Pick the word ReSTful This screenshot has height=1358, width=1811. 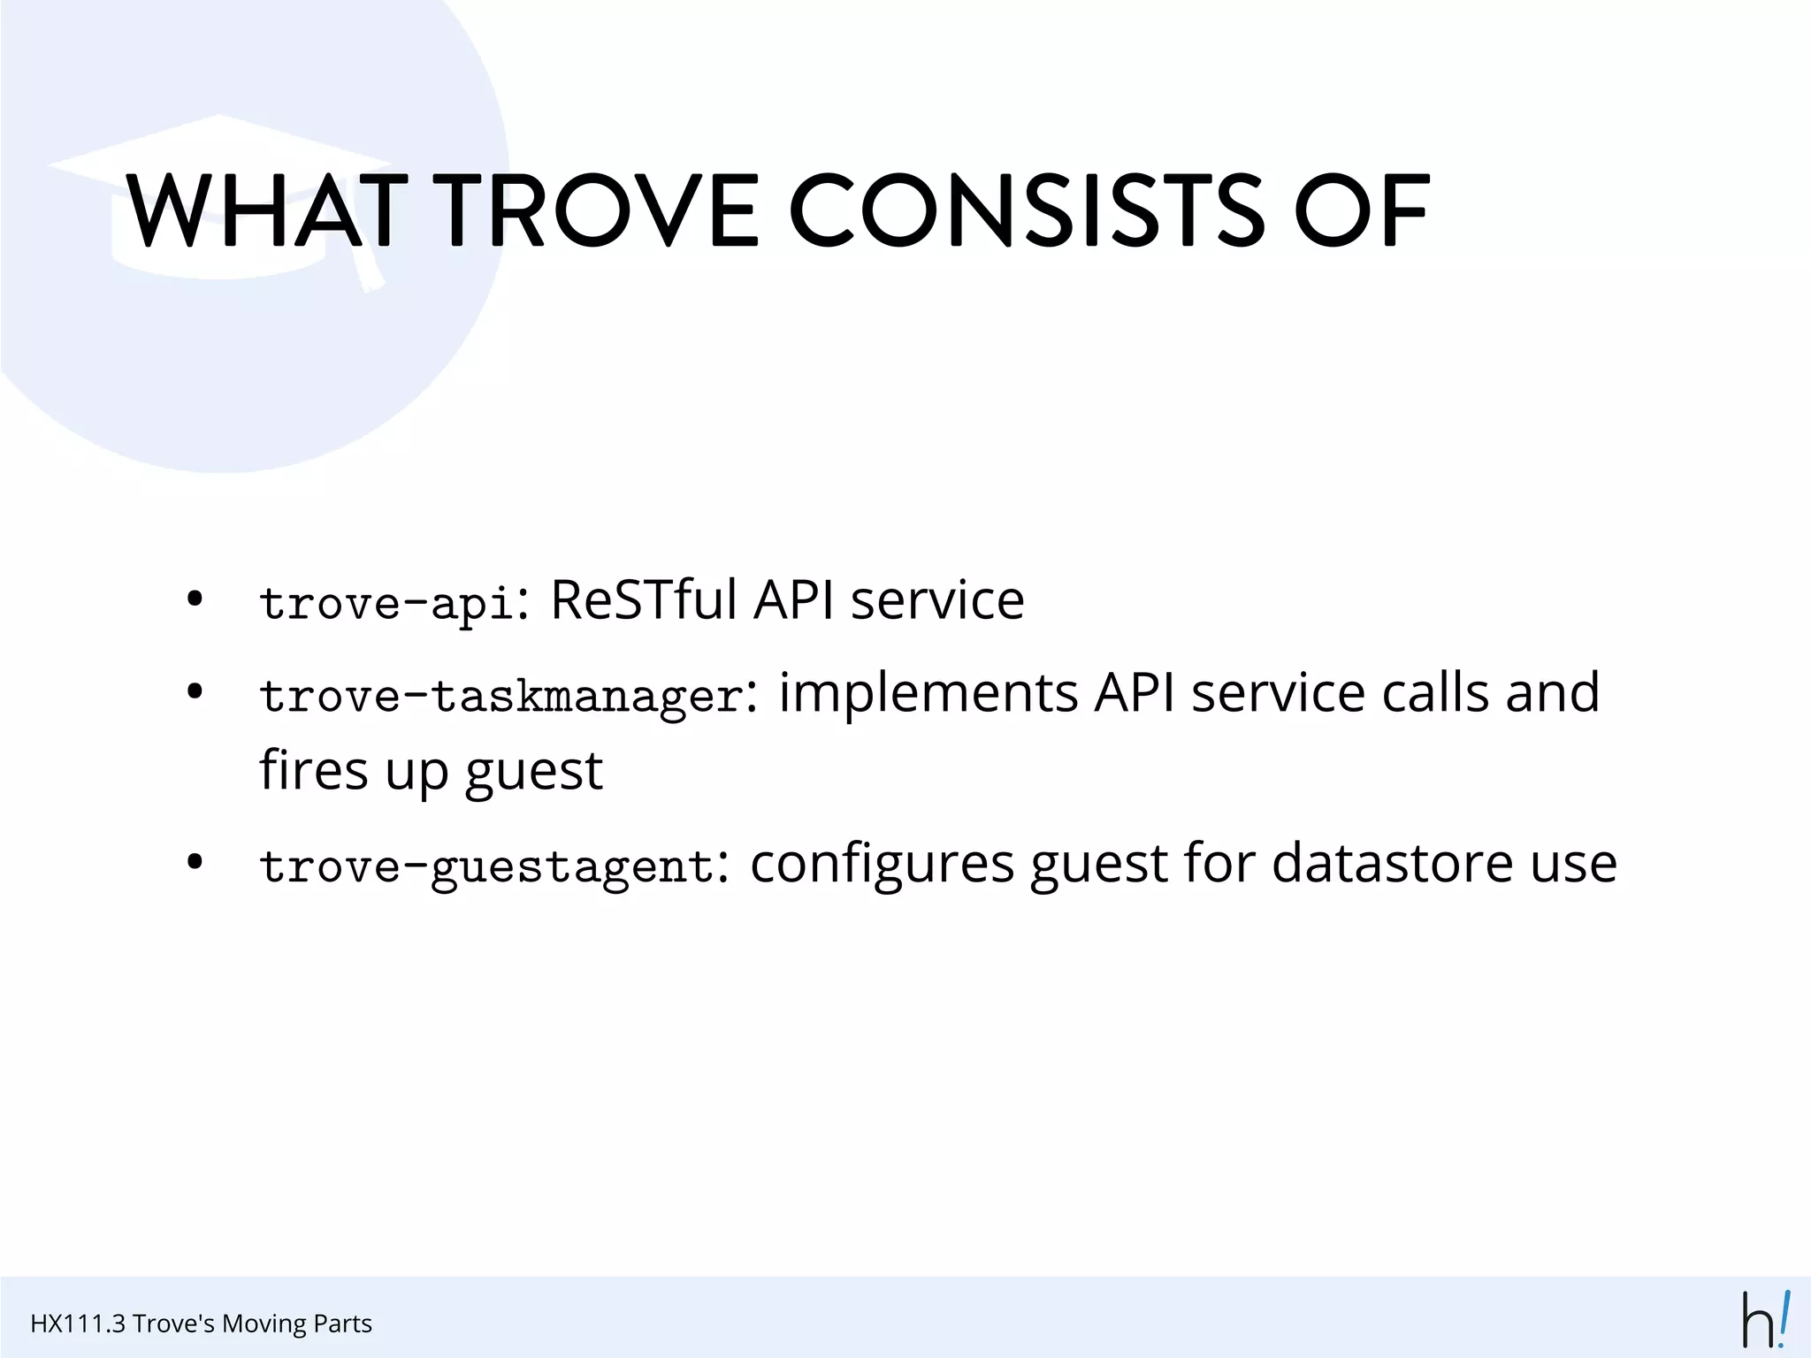pos(644,599)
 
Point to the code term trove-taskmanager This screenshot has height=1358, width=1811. pos(501,696)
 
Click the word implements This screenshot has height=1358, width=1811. pos(928,692)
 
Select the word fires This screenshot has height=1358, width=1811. pos(313,770)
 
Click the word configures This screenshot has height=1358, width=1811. pos(882,863)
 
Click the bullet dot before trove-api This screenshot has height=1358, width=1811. pos(195,599)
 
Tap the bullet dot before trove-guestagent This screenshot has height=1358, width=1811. pos(195,862)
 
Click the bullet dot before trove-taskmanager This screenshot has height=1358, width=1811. pos(195,691)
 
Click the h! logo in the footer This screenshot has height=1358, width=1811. pos(1765,1320)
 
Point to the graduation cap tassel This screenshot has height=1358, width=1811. pos(367,265)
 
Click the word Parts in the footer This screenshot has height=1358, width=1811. pos(342,1324)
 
